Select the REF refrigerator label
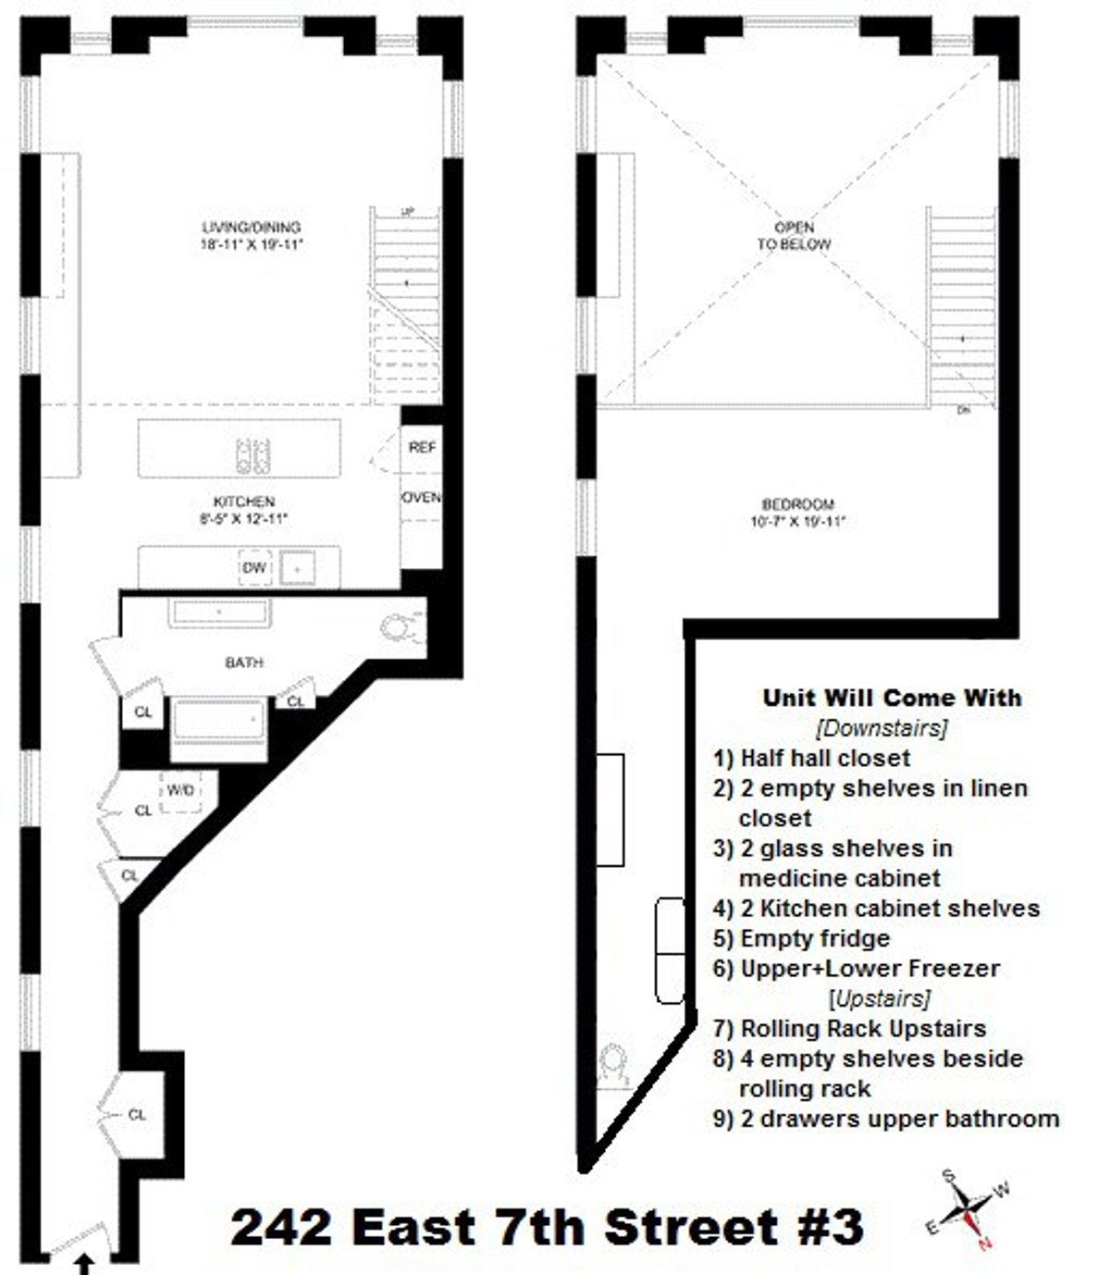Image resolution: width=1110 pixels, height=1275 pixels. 422,447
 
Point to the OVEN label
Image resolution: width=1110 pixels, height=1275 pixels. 421,498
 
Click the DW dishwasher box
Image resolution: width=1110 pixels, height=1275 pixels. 253,567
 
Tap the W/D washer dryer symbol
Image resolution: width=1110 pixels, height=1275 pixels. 181,791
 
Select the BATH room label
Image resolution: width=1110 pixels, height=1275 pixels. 243,662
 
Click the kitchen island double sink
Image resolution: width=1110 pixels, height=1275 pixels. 253,454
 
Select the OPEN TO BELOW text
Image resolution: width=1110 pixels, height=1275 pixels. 794,236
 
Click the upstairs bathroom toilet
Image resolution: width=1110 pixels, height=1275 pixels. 611,1063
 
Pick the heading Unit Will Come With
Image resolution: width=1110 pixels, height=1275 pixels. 892,698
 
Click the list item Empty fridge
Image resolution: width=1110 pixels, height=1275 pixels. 814,938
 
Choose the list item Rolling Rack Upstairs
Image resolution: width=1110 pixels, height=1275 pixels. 862,1028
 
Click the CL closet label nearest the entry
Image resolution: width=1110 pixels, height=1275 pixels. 137,1115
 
